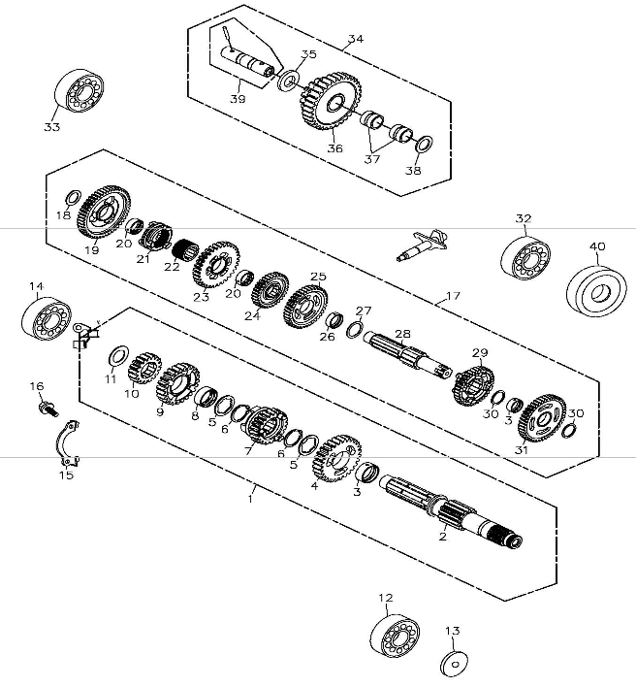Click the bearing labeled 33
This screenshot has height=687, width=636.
(79, 90)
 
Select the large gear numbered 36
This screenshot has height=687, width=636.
(331, 101)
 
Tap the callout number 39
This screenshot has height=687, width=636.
(238, 99)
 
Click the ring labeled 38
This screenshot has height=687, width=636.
(424, 145)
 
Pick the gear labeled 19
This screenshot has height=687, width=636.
(104, 213)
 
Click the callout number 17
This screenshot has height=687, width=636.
(453, 296)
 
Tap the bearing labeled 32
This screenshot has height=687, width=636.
(525, 258)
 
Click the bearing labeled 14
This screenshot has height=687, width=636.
(47, 318)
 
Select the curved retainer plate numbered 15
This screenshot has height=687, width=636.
(68, 442)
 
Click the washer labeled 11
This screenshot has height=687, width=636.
(118, 354)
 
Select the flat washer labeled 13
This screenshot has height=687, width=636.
(454, 665)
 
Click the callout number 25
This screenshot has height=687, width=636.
(318, 277)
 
